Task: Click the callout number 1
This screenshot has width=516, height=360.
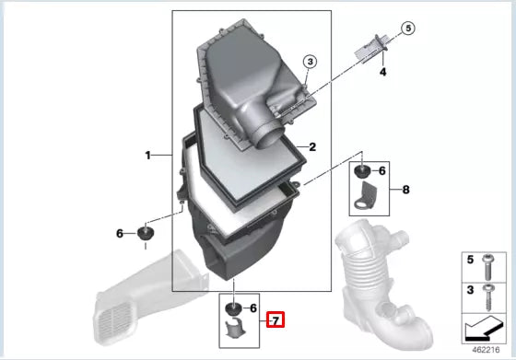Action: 147,156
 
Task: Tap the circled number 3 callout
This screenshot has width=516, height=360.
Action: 310,62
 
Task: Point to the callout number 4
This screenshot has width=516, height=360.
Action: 383,70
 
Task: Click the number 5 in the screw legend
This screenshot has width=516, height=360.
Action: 469,261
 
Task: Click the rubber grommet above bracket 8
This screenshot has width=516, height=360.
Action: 363,172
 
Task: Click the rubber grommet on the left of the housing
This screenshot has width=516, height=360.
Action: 146,231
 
